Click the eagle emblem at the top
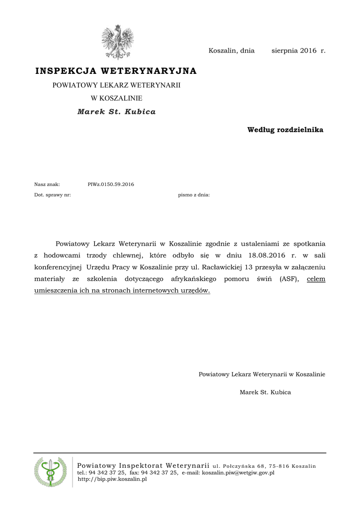[x=118, y=42]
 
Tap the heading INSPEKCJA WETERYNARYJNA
[x=116, y=71]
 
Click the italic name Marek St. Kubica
[x=116, y=112]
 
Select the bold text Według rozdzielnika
[x=285, y=130]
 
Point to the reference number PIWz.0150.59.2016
[x=111, y=185]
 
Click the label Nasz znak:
[x=47, y=185]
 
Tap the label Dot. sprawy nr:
[x=52, y=195]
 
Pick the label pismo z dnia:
[x=194, y=195]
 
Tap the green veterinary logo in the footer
[x=50, y=471]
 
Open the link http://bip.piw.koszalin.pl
[x=112, y=479]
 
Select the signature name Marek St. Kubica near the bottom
[x=265, y=392]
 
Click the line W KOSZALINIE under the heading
[x=116, y=98]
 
